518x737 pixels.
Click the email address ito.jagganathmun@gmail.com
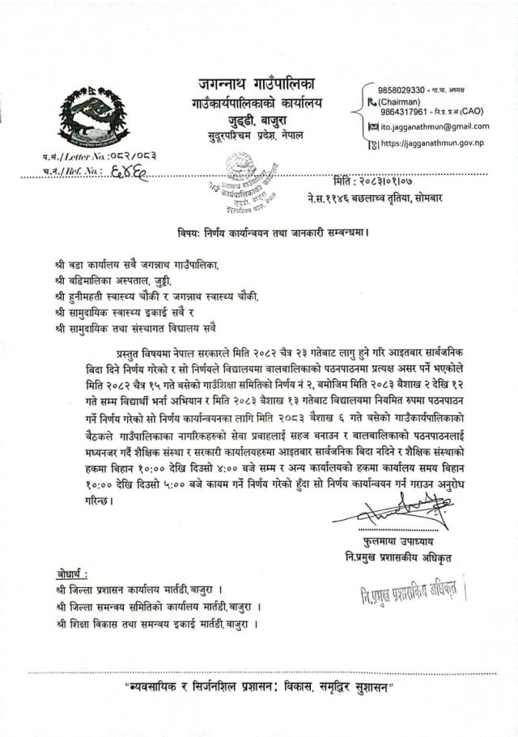tap(435, 126)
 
